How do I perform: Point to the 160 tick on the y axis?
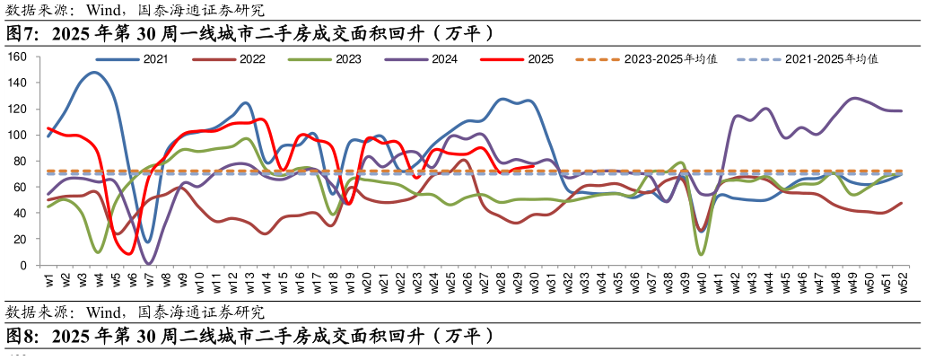pyautogui.click(x=18, y=57)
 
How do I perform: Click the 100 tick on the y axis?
pyautogui.click(x=18, y=136)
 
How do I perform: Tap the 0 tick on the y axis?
pyautogui.click(x=24, y=266)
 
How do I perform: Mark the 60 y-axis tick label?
pyautogui.click(x=21, y=188)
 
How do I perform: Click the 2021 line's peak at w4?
pyautogui.click(x=95, y=73)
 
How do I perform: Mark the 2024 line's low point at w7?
pyautogui.click(x=149, y=263)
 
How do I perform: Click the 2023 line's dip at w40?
pyautogui.click(x=700, y=254)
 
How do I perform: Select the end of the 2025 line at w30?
pyautogui.click(x=535, y=165)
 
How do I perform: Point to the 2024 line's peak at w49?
pyautogui.click(x=853, y=98)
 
